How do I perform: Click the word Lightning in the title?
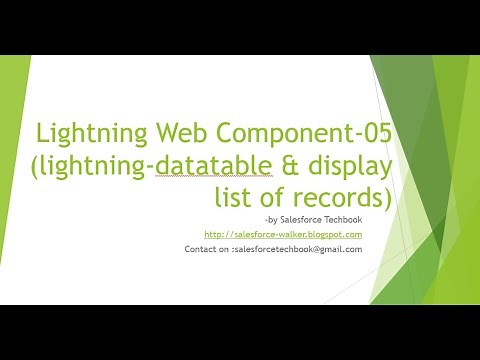(82, 134)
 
